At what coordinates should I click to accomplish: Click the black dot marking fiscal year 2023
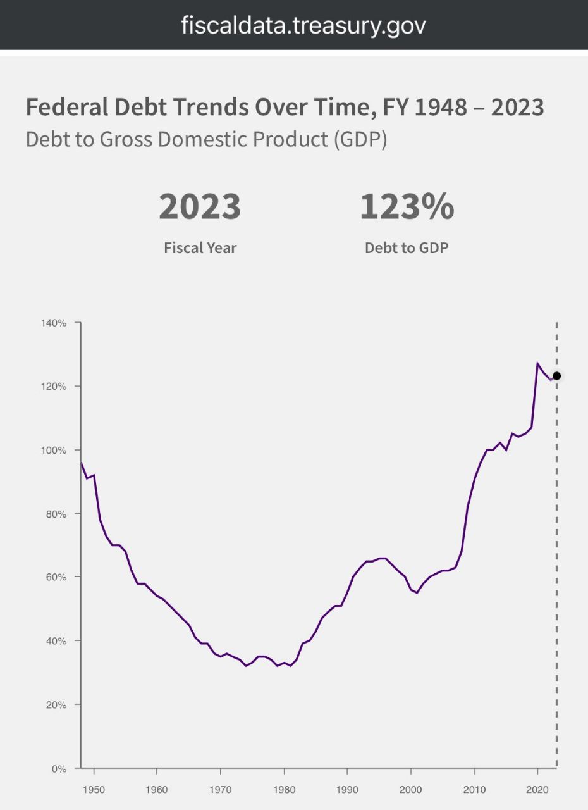pos(556,376)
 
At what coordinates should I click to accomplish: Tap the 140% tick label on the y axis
pos(54,323)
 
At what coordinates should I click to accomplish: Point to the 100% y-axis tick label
pos(54,451)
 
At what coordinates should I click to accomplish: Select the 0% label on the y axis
pos(58,769)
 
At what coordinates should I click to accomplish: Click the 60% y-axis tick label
pos(56,577)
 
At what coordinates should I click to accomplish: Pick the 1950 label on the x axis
pos(94,790)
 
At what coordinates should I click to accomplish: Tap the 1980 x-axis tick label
pos(284,790)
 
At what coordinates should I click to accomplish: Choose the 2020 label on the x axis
pos(537,790)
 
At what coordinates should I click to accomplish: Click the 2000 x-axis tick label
pos(411,790)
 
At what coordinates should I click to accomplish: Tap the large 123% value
pos(407,207)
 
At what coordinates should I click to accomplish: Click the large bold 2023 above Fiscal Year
pos(200,207)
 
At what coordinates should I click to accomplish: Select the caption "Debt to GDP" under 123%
pos(407,248)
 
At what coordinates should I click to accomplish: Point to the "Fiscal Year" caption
pos(200,248)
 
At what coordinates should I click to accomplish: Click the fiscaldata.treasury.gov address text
pos(303,25)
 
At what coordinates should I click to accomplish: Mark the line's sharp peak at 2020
pos(537,364)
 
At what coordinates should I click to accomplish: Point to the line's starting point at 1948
pos(81,463)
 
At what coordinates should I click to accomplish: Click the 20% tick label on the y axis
pos(56,705)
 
